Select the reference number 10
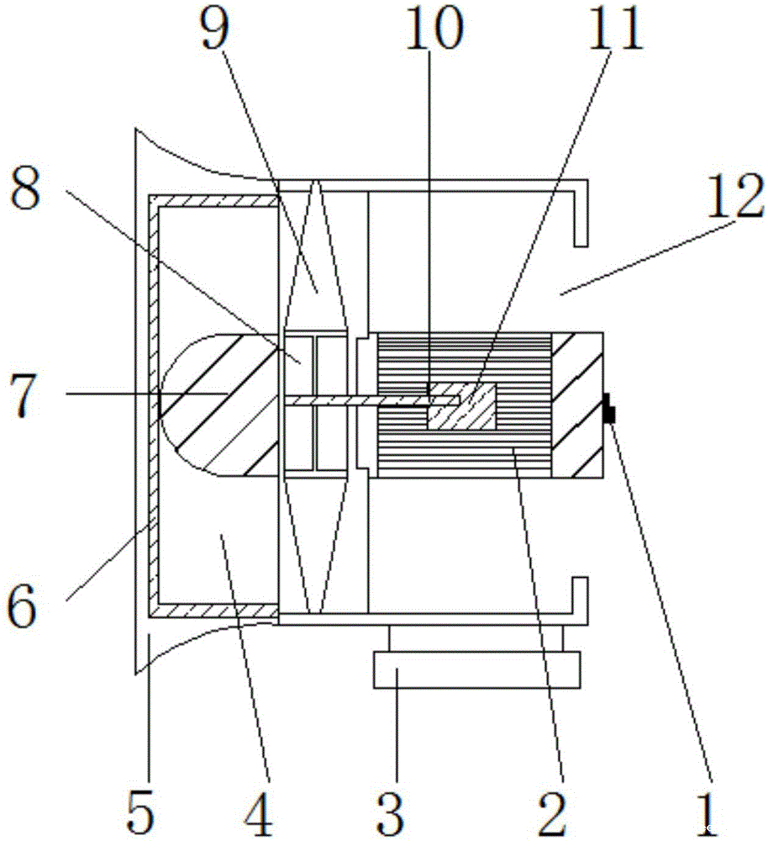point(433,32)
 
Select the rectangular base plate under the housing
point(476,670)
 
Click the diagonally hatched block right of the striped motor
point(577,405)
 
